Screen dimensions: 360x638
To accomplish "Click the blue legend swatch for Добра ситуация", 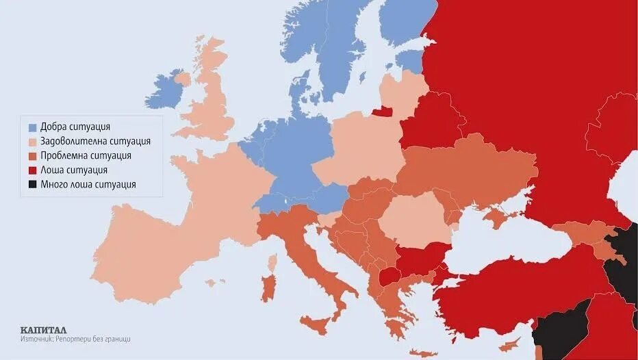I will pyautogui.click(x=32, y=127).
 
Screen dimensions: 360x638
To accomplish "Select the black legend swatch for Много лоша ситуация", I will pyautogui.click(x=32, y=185).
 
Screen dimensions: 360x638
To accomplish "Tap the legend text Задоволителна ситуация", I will pyautogui.click(x=95, y=142).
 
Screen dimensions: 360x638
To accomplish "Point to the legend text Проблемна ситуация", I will pyautogui.click(x=86, y=156).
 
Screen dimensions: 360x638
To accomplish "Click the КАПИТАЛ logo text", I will pyautogui.click(x=43, y=329).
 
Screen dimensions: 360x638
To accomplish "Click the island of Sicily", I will pyautogui.click(x=316, y=323).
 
